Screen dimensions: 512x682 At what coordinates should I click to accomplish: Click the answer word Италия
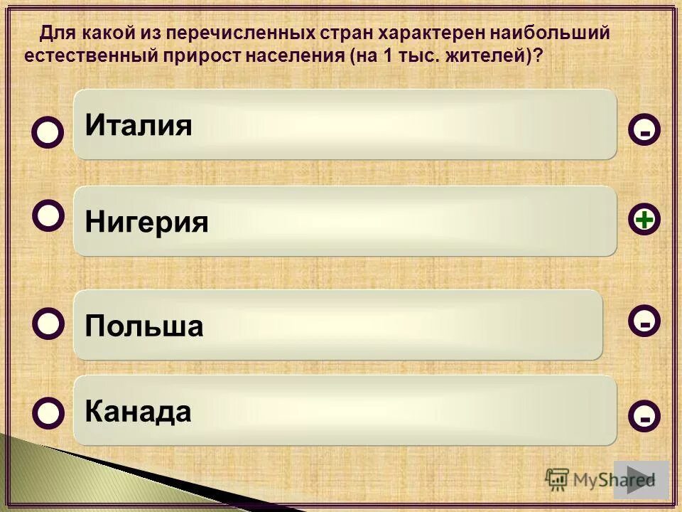click(139, 126)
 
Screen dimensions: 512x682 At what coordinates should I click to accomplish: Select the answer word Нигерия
click(146, 223)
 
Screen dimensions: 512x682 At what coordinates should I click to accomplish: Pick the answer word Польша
click(144, 326)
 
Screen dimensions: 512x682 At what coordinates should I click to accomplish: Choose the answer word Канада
click(138, 411)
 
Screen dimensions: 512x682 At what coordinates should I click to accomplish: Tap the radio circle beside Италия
click(48, 132)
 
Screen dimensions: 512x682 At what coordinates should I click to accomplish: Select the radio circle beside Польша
click(48, 322)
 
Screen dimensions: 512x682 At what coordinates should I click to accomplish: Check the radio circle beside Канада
click(48, 412)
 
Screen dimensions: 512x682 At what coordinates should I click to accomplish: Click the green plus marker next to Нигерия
click(644, 220)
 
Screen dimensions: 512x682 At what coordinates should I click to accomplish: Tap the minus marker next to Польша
click(644, 322)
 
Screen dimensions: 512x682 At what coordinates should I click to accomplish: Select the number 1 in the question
click(388, 56)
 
